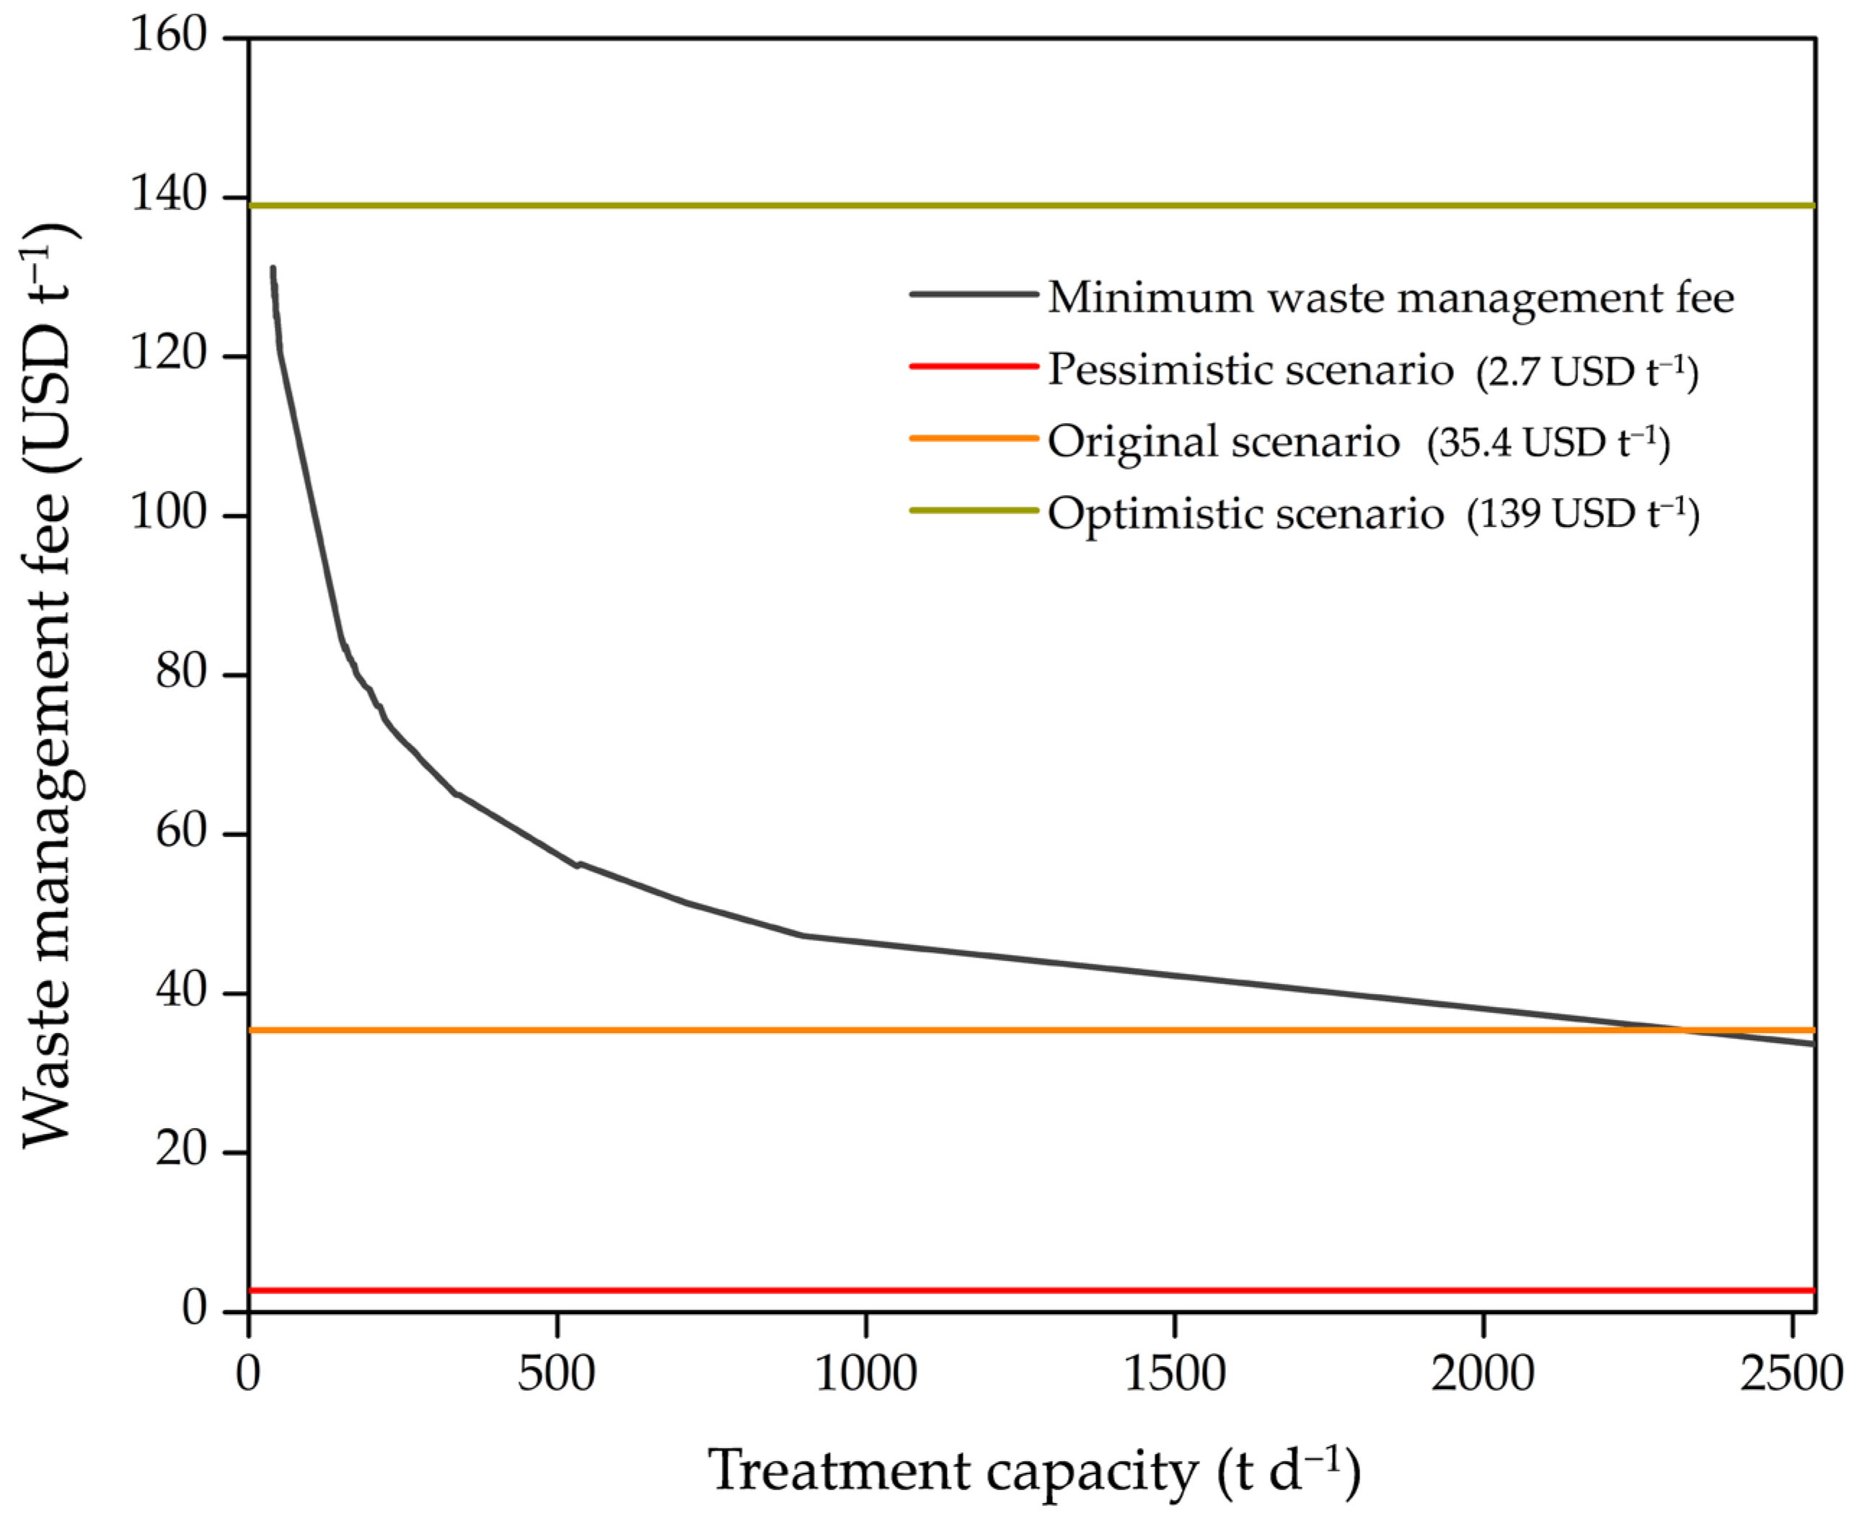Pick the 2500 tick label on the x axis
click(x=1791, y=1374)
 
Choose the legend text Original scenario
click(x=1223, y=440)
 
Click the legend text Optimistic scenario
click(x=1245, y=513)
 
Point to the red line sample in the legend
click(x=974, y=366)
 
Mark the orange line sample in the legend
click(x=974, y=438)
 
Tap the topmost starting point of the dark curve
click(x=273, y=269)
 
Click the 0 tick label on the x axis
click(x=248, y=1374)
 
